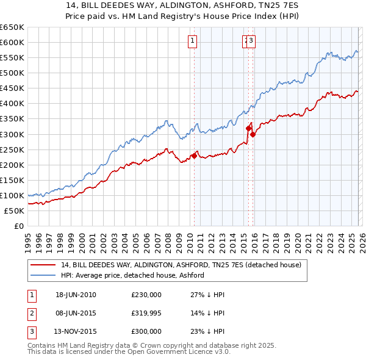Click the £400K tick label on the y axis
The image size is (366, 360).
coord(12,104)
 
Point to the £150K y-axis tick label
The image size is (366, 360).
coord(12,180)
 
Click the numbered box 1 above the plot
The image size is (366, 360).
coord(192,41)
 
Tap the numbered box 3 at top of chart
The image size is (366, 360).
coord(251,41)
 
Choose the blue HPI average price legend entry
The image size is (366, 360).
coord(132,276)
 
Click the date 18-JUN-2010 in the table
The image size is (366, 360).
coord(76,295)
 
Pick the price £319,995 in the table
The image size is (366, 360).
coord(146,313)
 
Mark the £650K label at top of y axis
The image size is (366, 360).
coord(12,27)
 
